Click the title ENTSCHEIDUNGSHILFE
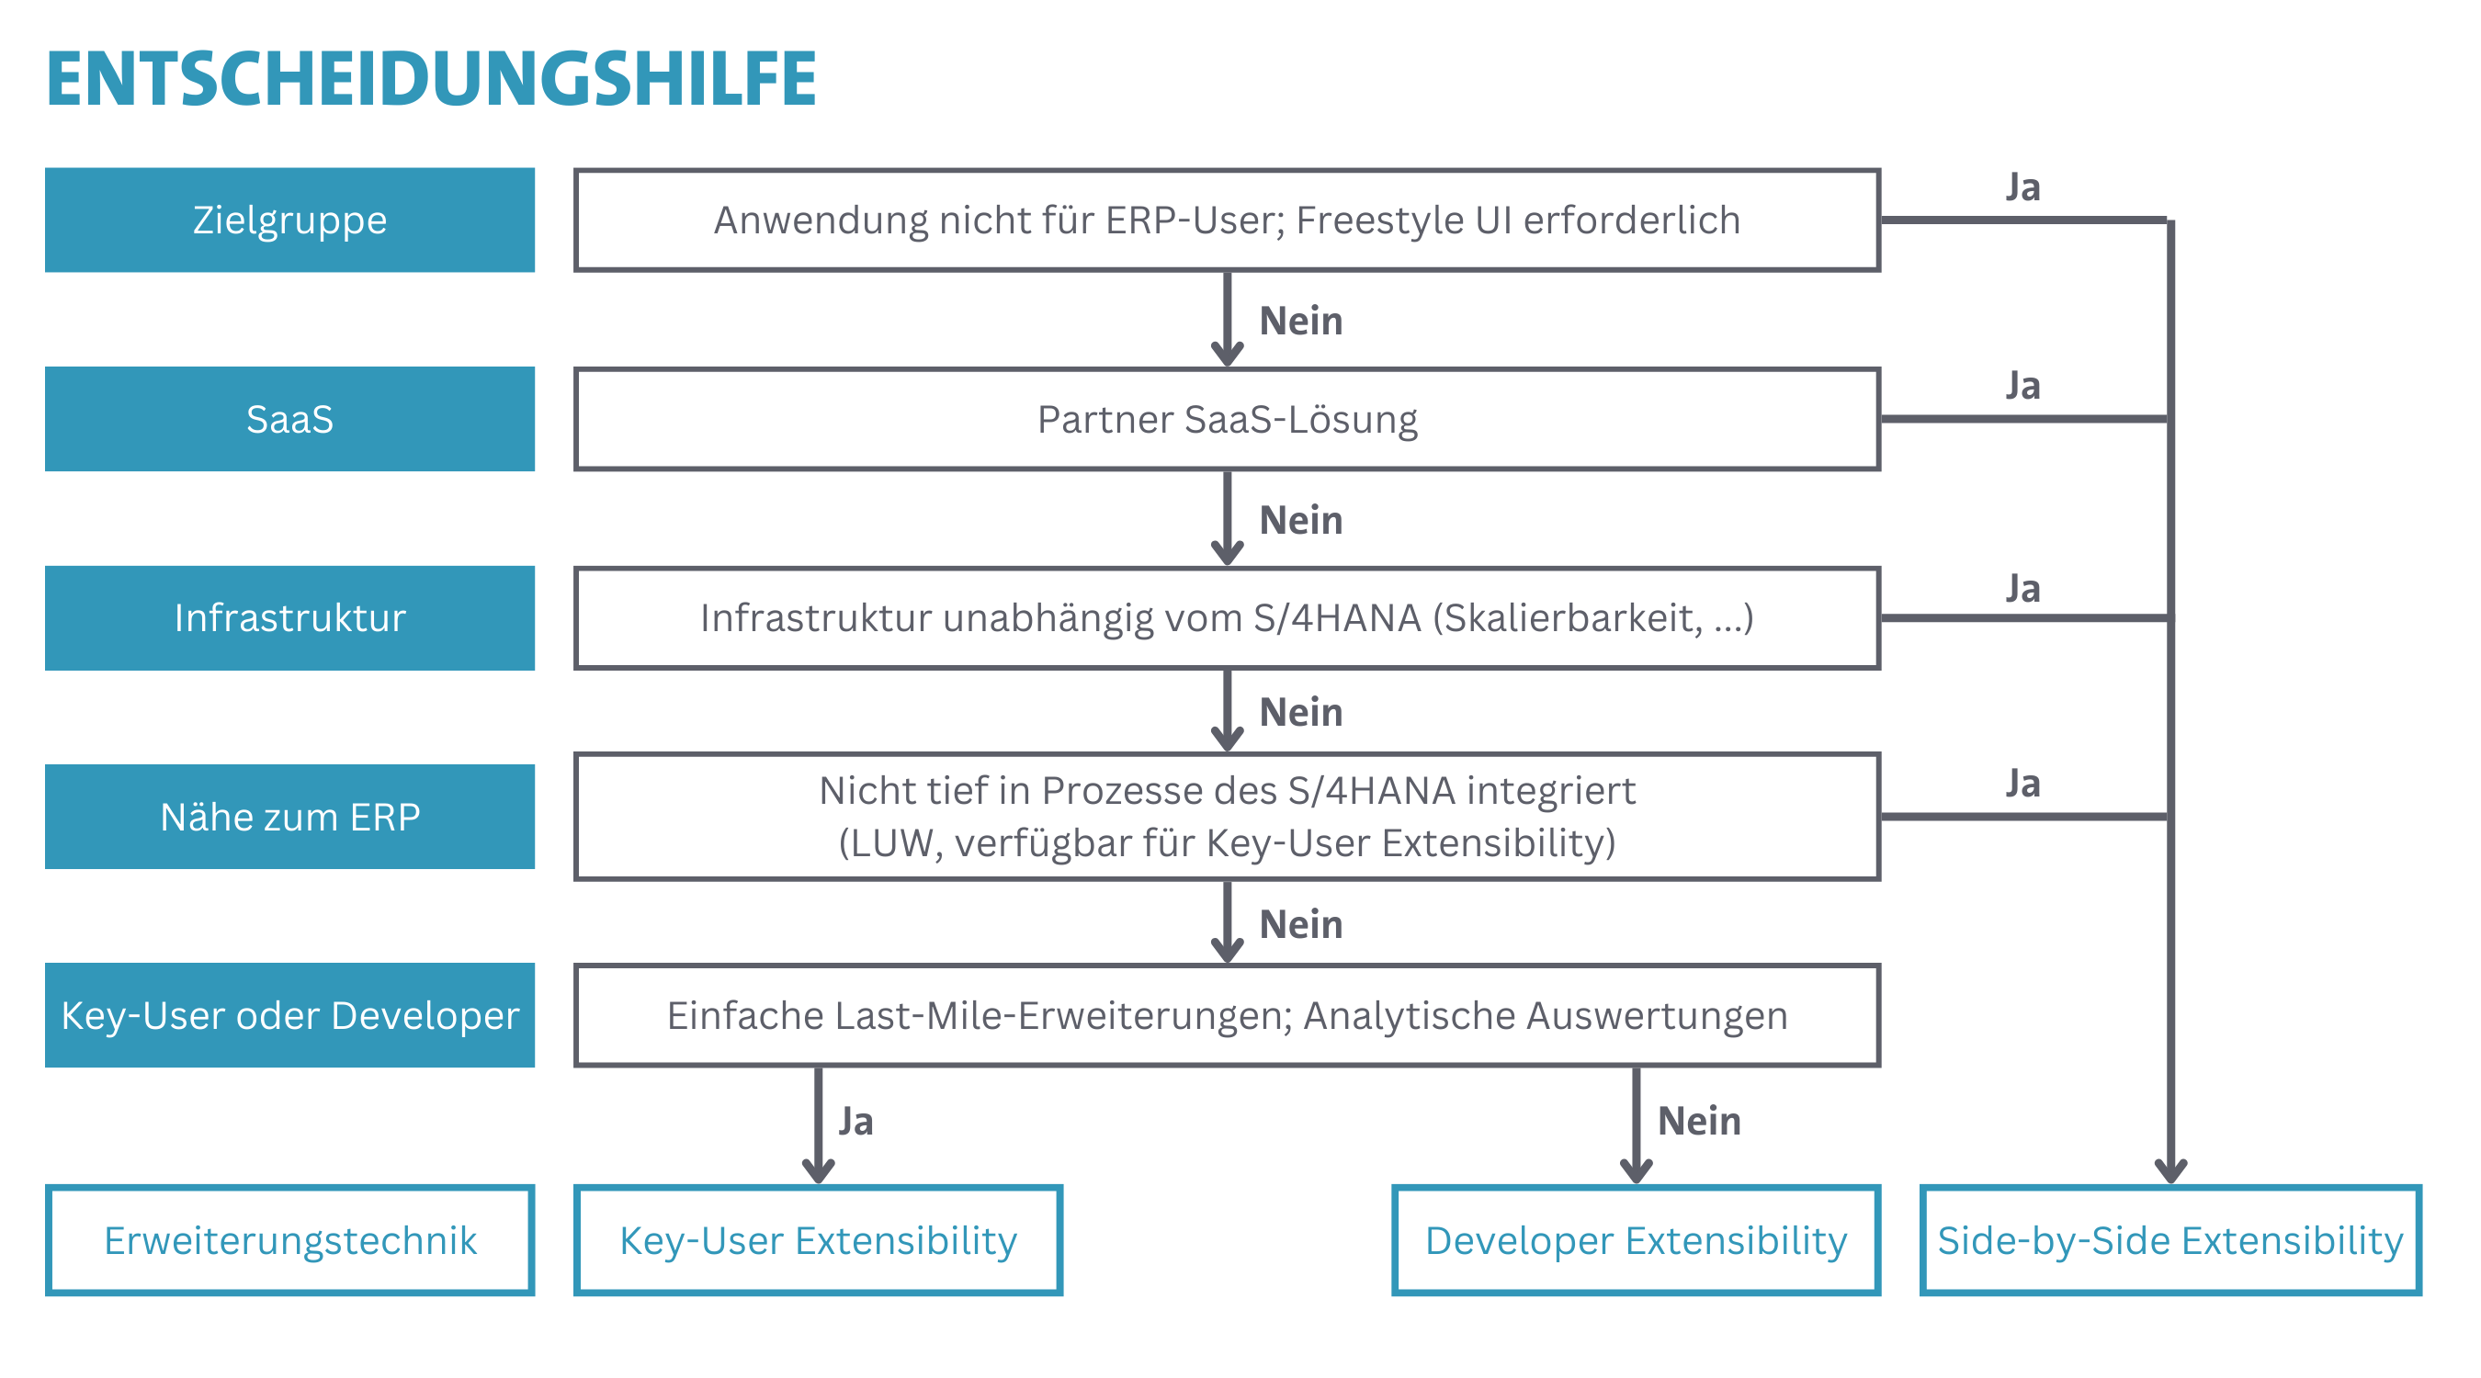pyautogui.click(x=431, y=78)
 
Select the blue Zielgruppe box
pyautogui.click(x=289, y=220)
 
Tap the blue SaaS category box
pyautogui.click(x=289, y=419)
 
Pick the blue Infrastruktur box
pyautogui.click(x=289, y=617)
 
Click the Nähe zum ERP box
pyautogui.click(x=289, y=817)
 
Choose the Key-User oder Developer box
pyautogui.click(x=289, y=1015)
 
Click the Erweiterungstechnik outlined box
pyautogui.click(x=289, y=1240)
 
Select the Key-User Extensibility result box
pyautogui.click(x=818, y=1240)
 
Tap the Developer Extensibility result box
pyautogui.click(x=1637, y=1240)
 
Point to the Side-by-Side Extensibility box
pyautogui.click(x=2169, y=1240)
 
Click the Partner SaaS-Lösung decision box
pyautogui.click(x=1227, y=419)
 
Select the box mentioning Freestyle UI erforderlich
pyautogui.click(x=1227, y=220)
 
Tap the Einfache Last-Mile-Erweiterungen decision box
pyautogui.click(x=1227, y=1015)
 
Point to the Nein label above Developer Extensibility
pyautogui.click(x=1699, y=1121)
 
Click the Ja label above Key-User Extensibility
pyautogui.click(x=855, y=1122)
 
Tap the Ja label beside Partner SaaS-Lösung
pyautogui.click(x=2022, y=386)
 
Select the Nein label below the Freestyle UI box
pyautogui.click(x=1300, y=321)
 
